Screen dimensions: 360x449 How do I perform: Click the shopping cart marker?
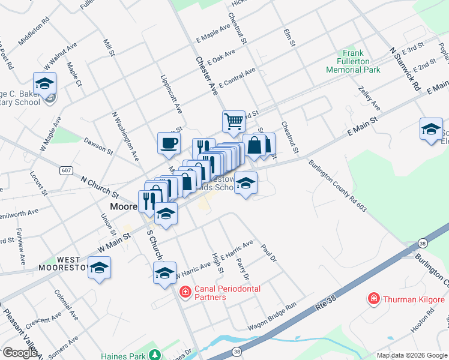(234, 121)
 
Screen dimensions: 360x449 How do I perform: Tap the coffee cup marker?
(169, 143)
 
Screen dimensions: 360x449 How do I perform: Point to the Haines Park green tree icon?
(154, 353)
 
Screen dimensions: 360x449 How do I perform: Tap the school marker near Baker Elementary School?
(44, 83)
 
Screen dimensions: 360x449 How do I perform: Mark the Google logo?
(20, 353)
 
